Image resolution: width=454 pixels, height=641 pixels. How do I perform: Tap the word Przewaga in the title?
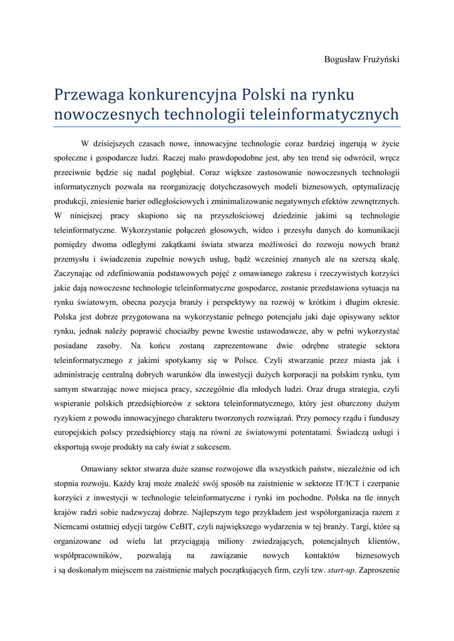(88, 95)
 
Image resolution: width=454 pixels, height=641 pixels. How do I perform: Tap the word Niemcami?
(72, 526)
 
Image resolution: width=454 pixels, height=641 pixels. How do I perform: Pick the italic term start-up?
(342, 570)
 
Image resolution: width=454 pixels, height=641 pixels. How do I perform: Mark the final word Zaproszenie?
(377, 570)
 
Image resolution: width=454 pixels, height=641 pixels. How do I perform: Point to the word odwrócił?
(359, 158)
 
